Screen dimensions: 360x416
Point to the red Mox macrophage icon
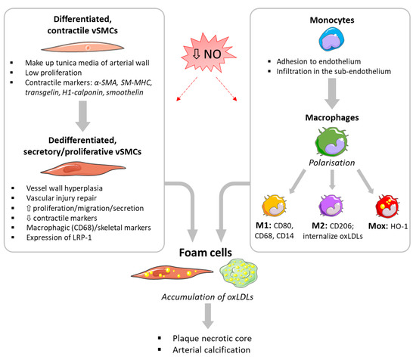[387, 206]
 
